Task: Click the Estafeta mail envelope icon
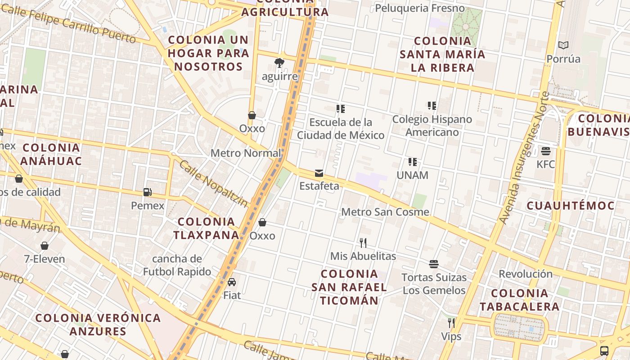[x=319, y=173]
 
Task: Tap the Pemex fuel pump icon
[x=147, y=192]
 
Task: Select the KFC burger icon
[x=546, y=151]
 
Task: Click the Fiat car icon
[x=232, y=282]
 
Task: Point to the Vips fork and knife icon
[x=451, y=323]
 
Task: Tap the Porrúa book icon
[x=563, y=45]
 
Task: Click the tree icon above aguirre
[x=279, y=63]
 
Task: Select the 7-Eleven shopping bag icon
[x=45, y=246]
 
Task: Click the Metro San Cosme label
[x=385, y=212]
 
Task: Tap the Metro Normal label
[x=246, y=153]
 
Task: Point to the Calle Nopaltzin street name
[x=213, y=184]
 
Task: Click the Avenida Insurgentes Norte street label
[x=524, y=157]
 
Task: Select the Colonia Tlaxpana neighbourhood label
[x=207, y=228]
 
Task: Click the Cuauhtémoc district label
[x=570, y=206]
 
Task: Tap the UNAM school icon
[x=412, y=162]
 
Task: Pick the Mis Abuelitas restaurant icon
[x=363, y=243]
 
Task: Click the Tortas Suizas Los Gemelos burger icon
[x=434, y=264]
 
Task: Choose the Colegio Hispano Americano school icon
[x=432, y=106]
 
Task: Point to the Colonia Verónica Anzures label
[x=98, y=324]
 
